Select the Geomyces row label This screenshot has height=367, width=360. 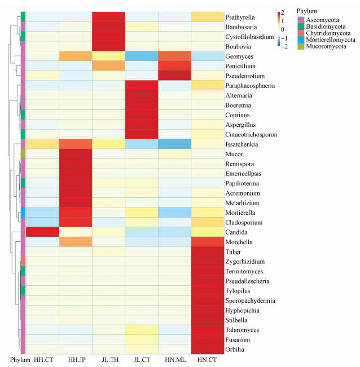239,56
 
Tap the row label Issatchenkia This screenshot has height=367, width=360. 242,144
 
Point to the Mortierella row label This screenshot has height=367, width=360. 241,213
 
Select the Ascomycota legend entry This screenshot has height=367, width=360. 322,20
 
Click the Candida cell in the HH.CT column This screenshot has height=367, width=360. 42,232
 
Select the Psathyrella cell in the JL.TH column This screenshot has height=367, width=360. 108,17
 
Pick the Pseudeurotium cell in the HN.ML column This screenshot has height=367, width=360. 175,76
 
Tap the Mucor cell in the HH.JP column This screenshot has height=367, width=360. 76,154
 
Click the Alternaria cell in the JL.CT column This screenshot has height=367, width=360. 142,95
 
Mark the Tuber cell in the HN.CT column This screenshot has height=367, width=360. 208,252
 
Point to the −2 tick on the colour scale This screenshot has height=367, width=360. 284,47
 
